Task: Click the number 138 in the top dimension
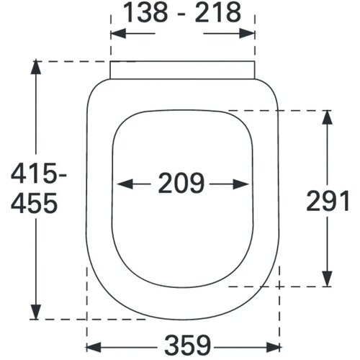[x=145, y=13]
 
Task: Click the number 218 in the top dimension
[x=218, y=13]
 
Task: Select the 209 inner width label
[x=181, y=183]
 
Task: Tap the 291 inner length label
[x=328, y=202]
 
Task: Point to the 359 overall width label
[x=188, y=345]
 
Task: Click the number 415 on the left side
[x=33, y=173]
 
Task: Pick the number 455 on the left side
[x=35, y=203]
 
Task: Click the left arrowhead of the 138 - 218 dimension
[x=118, y=34]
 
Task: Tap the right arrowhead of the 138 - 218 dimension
[x=247, y=34]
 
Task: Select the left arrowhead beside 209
[x=125, y=184]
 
